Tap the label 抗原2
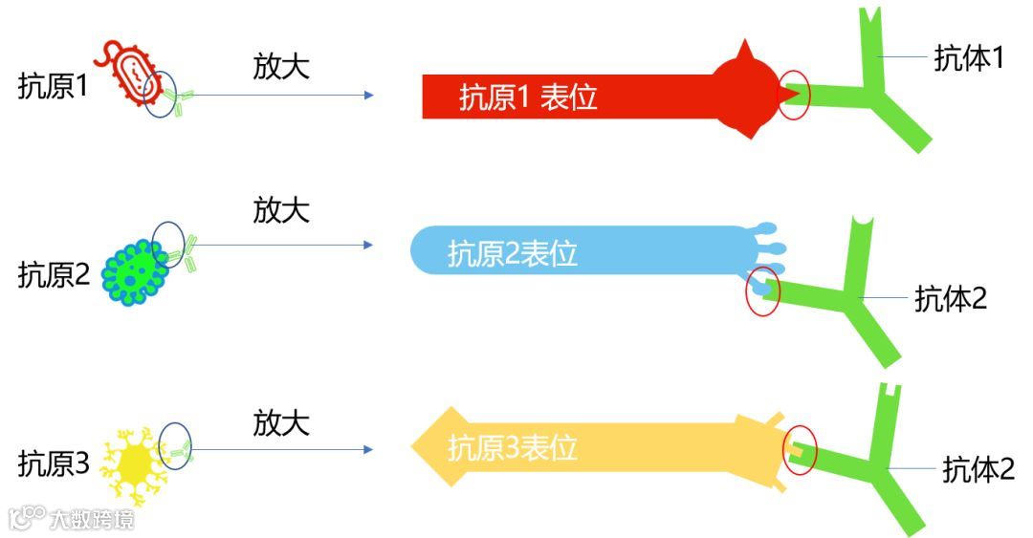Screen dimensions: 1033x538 53,275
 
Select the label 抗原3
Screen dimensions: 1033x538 53,464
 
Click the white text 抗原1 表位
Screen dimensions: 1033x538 528,97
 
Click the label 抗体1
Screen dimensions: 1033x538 969,58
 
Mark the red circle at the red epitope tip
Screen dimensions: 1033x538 794,96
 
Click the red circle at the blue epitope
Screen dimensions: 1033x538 762,296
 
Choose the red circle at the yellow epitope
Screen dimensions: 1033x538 801,449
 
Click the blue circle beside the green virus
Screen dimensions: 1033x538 169,242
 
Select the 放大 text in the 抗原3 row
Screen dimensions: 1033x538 281,422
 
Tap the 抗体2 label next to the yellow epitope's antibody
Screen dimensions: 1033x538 978,469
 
